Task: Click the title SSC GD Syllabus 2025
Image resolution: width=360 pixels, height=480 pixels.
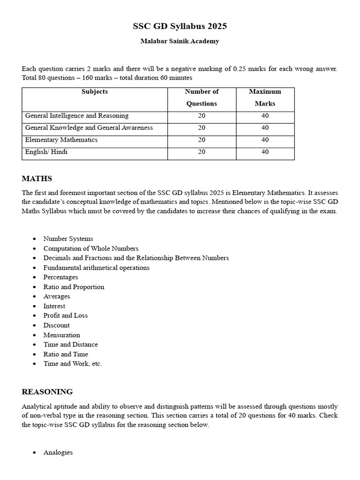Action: (x=180, y=26)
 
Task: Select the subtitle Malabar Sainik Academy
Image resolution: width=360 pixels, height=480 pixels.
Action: (x=180, y=41)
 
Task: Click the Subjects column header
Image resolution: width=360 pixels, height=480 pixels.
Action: (x=95, y=92)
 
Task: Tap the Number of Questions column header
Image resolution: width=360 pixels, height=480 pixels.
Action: (x=202, y=97)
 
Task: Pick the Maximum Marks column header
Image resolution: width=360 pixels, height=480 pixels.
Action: (x=265, y=97)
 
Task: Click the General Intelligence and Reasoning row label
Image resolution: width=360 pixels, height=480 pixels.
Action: (x=77, y=116)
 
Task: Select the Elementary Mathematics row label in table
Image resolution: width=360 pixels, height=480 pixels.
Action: (x=61, y=140)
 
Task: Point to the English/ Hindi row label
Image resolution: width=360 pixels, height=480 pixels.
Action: (x=46, y=152)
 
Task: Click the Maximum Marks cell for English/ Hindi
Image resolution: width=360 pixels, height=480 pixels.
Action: (x=265, y=152)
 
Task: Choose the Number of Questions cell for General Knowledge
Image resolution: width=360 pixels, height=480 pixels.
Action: (x=202, y=128)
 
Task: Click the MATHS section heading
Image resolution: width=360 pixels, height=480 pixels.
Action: (x=37, y=179)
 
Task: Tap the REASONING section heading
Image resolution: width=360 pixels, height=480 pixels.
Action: (x=47, y=392)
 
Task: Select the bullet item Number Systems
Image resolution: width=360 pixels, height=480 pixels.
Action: (x=68, y=239)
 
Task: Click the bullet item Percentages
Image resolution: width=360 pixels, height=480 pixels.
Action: (x=61, y=277)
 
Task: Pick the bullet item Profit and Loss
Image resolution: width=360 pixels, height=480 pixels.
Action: (x=66, y=315)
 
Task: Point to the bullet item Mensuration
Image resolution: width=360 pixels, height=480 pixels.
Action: (x=62, y=335)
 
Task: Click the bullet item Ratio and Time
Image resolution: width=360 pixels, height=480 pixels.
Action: (x=66, y=354)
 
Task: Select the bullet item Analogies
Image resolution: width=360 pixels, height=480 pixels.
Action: (x=58, y=453)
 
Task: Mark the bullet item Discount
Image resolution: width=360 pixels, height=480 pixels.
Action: (x=57, y=325)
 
